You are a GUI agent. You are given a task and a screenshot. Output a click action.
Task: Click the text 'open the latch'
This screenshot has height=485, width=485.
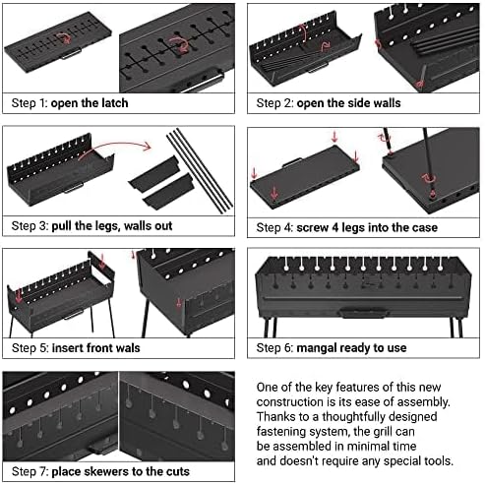tap(91, 102)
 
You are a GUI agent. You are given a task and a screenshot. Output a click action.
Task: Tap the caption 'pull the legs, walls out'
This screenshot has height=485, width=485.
tap(120, 225)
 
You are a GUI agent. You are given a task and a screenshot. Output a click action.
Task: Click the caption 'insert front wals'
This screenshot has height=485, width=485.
tap(99, 347)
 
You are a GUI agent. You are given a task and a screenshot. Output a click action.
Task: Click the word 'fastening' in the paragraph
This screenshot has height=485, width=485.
tap(283, 429)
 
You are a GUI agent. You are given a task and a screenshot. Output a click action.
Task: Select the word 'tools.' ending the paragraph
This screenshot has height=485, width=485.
tap(436, 459)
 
